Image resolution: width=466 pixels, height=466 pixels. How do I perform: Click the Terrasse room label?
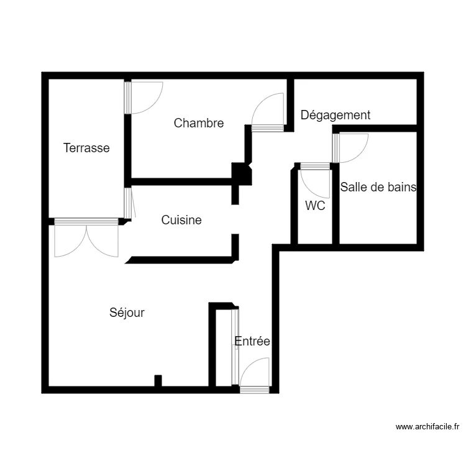86,148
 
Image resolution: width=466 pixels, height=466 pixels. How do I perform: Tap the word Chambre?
199,123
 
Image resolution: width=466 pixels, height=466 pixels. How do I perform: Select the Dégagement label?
336,115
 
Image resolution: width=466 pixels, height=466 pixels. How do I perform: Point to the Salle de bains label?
378,186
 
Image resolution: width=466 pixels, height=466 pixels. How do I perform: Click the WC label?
315,206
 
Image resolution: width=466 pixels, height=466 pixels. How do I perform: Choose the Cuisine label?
181,220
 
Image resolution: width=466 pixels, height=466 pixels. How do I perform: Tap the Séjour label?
127,313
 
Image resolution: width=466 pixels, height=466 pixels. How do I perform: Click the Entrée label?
252,341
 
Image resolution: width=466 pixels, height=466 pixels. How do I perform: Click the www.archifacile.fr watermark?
427,427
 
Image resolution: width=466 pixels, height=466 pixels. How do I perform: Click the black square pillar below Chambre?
242,173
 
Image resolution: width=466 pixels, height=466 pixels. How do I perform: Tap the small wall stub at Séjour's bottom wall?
158,381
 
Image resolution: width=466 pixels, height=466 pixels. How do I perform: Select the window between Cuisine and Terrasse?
127,203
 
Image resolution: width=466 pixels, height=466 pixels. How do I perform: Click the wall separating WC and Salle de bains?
336,205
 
